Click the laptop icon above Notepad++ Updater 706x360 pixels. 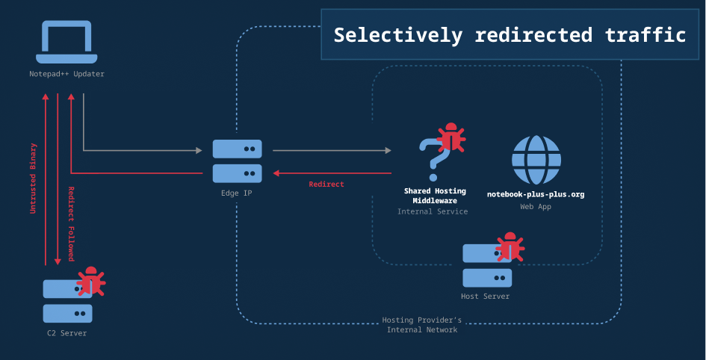[x=66, y=43]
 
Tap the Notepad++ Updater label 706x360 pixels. [x=66, y=74]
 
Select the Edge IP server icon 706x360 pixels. [x=237, y=161]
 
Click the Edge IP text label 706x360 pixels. [x=237, y=193]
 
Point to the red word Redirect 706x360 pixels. [x=326, y=184]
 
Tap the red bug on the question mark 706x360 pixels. [x=450, y=138]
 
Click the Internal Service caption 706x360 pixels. [x=433, y=211]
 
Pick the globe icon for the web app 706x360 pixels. [x=536, y=160]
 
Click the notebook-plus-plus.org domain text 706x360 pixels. [x=536, y=194]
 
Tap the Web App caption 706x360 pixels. [x=536, y=207]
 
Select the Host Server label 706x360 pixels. [x=486, y=297]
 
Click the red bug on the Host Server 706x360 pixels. [x=510, y=247]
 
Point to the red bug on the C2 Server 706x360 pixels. [x=91, y=282]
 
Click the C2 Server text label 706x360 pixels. [x=66, y=333]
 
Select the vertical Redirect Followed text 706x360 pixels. [x=71, y=223]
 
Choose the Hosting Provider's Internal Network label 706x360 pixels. [x=422, y=325]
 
